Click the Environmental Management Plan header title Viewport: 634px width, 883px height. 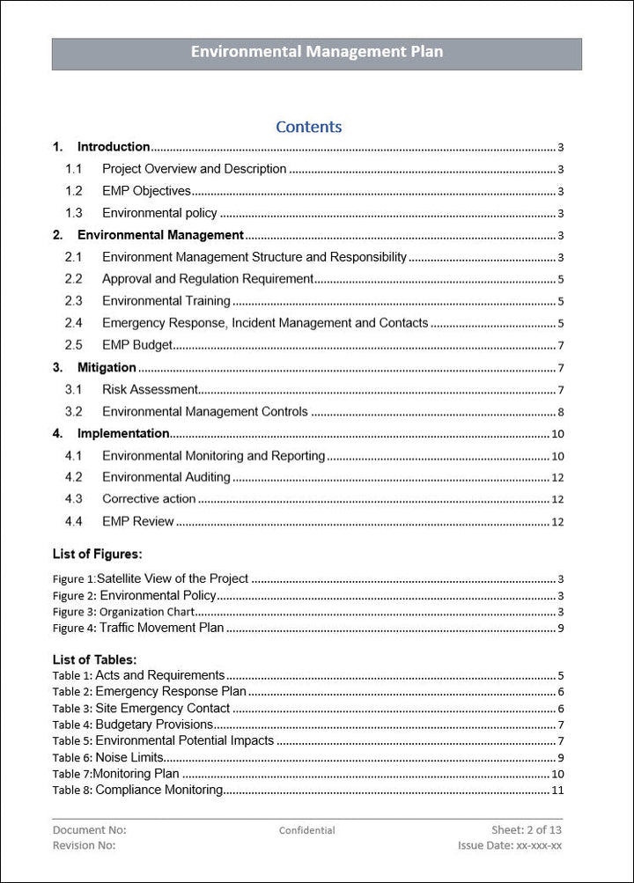(x=317, y=52)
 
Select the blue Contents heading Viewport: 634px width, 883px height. (x=308, y=127)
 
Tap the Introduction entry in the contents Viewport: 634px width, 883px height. (x=113, y=147)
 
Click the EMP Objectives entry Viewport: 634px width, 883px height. (x=146, y=191)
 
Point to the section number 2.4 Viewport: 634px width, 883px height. (x=73, y=323)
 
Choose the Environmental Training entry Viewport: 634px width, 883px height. (x=166, y=301)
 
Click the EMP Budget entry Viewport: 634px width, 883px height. (x=136, y=345)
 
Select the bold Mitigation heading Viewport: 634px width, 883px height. (x=107, y=367)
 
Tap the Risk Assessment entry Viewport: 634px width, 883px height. (x=150, y=389)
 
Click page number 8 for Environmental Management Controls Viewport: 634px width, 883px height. (x=560, y=412)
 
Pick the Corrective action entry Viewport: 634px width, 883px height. (x=149, y=499)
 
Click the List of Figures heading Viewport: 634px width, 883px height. (x=97, y=554)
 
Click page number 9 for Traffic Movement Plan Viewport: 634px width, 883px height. (x=560, y=629)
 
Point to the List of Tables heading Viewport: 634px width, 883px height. (x=94, y=659)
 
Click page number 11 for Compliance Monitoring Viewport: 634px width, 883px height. (x=557, y=791)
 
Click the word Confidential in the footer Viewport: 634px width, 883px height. (x=306, y=830)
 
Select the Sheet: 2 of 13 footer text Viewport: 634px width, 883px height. (x=527, y=830)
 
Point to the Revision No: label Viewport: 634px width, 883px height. (x=84, y=845)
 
